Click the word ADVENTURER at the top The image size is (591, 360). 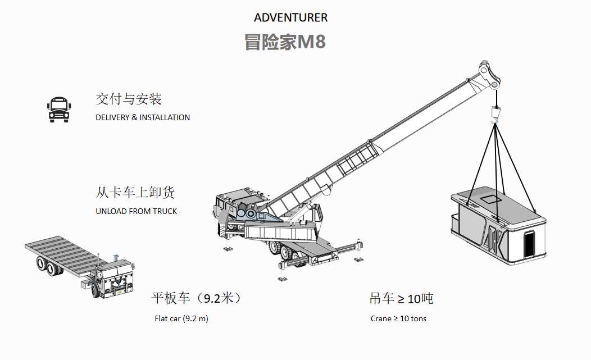pyautogui.click(x=290, y=17)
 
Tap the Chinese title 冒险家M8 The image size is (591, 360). pyautogui.click(x=285, y=42)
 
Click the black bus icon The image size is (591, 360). pyautogui.click(x=58, y=109)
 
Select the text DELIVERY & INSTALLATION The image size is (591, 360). pyautogui.click(x=143, y=117)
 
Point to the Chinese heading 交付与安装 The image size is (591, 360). pyautogui.click(x=129, y=99)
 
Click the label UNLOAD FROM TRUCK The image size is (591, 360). pyautogui.click(x=136, y=211)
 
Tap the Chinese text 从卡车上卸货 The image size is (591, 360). pyautogui.click(x=135, y=192)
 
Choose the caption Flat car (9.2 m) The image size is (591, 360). pyautogui.click(x=181, y=318)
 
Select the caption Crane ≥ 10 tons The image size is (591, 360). pyautogui.click(x=398, y=318)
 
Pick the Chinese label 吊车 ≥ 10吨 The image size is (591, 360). pyautogui.click(x=401, y=298)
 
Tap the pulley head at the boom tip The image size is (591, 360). pyautogui.click(x=489, y=76)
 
